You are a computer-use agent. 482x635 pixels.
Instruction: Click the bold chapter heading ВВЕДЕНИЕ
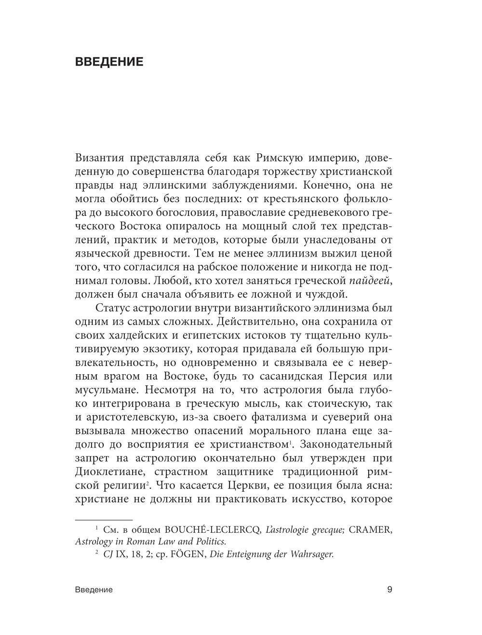click(109, 62)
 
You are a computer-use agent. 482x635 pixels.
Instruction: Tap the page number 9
click(389, 589)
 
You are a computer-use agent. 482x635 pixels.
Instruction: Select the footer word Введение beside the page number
click(94, 590)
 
